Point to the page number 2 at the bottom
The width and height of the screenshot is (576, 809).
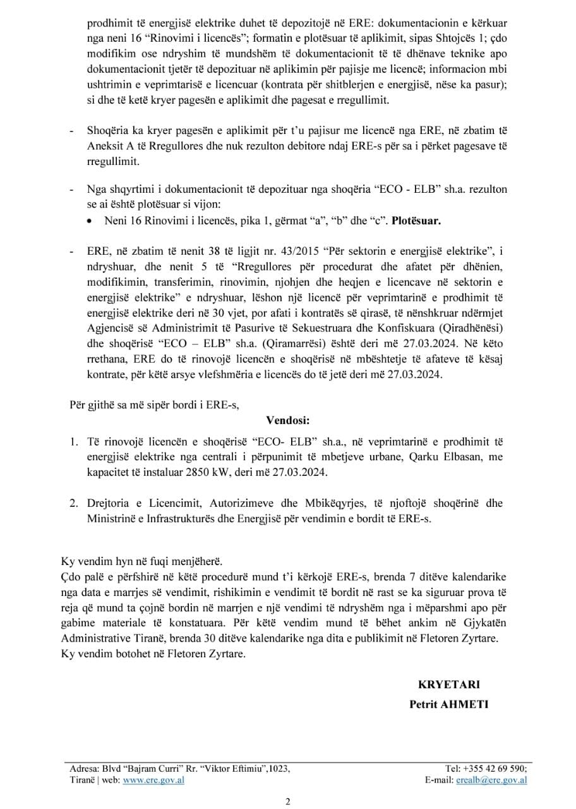(288, 803)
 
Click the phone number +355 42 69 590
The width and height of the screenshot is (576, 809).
(495, 769)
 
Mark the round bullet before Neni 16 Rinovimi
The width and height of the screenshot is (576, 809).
(92, 222)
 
